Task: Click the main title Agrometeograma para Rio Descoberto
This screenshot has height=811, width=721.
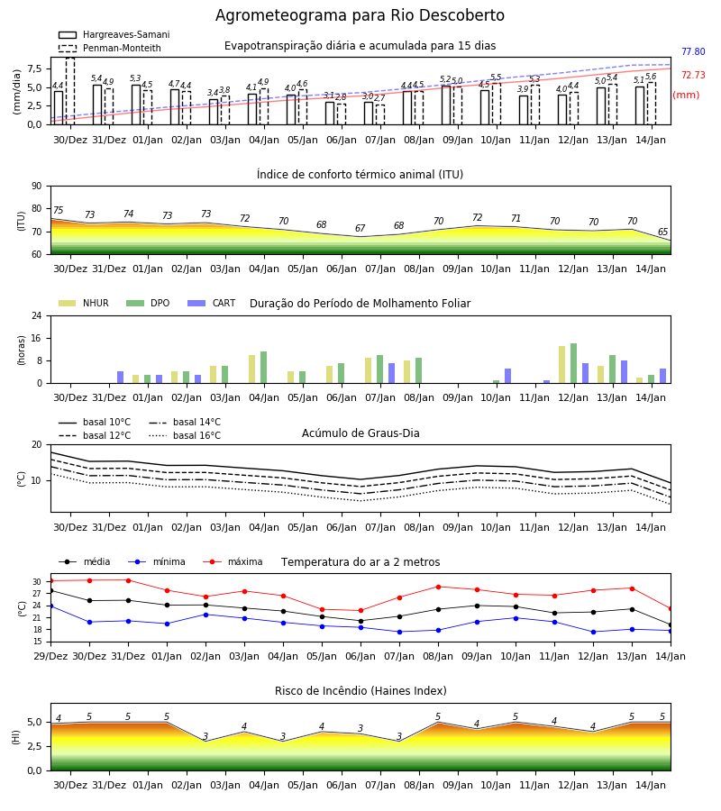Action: [x=360, y=15]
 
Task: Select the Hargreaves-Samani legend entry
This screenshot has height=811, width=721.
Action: [x=114, y=34]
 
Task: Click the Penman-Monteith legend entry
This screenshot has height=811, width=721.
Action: [x=110, y=48]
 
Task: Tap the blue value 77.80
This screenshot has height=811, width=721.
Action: [x=693, y=51]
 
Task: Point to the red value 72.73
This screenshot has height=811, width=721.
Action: [x=693, y=75]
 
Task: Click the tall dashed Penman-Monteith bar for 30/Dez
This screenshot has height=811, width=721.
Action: [x=70, y=91]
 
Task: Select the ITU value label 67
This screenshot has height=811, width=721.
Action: [x=360, y=228]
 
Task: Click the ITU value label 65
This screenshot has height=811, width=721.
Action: [x=663, y=232]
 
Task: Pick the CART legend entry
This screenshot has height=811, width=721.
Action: [x=212, y=303]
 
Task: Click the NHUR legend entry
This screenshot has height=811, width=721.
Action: [x=83, y=303]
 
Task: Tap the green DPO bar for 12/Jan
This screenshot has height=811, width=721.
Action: [x=573, y=363]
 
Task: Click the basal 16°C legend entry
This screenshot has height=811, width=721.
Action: [x=185, y=435]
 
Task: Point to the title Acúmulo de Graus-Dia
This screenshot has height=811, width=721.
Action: [x=360, y=433]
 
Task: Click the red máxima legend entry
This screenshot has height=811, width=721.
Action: [x=233, y=561]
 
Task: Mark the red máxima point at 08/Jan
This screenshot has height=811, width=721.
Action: [x=439, y=587]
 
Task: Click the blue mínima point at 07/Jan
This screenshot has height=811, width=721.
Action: [x=400, y=632]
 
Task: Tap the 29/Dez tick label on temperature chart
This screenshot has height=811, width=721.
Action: [x=50, y=656]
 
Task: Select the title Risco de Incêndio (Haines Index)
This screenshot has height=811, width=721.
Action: [x=360, y=691]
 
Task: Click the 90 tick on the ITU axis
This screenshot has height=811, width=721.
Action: [x=37, y=187]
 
